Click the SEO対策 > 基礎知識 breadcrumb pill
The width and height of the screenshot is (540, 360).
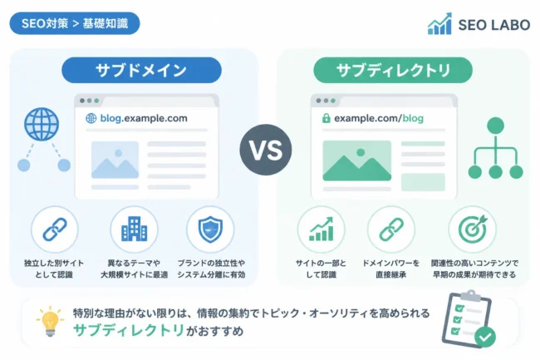coord(75,23)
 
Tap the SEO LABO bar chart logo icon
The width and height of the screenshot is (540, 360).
coord(439,24)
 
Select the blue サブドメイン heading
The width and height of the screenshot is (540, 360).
coord(141,71)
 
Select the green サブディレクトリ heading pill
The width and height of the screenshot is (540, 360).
coord(393,71)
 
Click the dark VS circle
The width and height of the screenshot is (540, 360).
coord(266,150)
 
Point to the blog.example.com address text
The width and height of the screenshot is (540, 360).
coord(144,118)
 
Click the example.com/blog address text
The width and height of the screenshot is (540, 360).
coord(379,118)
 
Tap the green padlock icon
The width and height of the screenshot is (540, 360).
coord(326,118)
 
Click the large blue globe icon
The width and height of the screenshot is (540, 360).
coord(42,124)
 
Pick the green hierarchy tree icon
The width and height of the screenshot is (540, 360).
coord(495,148)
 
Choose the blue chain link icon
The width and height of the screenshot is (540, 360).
coord(55,229)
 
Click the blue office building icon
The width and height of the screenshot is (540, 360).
coord(134,229)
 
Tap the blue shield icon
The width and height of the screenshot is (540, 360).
coord(210,229)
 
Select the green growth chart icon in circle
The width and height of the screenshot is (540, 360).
coord(321,229)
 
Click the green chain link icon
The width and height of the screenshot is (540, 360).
coord(391,229)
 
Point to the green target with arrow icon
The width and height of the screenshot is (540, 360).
coord(473,229)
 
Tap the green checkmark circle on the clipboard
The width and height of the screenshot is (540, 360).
coord(485,337)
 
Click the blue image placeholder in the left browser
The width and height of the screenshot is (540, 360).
coord(115,160)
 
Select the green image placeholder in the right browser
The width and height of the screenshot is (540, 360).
coord(356,160)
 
